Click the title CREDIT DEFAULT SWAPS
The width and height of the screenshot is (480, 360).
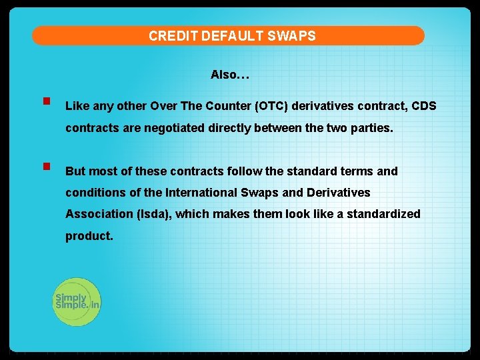232,36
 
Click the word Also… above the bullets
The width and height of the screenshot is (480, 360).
230,75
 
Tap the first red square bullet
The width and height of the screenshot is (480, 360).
47,103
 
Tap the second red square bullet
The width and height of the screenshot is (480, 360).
47,167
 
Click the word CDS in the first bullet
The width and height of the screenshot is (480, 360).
423,106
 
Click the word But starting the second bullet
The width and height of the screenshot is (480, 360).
75,171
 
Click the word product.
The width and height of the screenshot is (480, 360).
89,236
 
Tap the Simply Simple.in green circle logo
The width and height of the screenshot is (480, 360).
77,302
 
